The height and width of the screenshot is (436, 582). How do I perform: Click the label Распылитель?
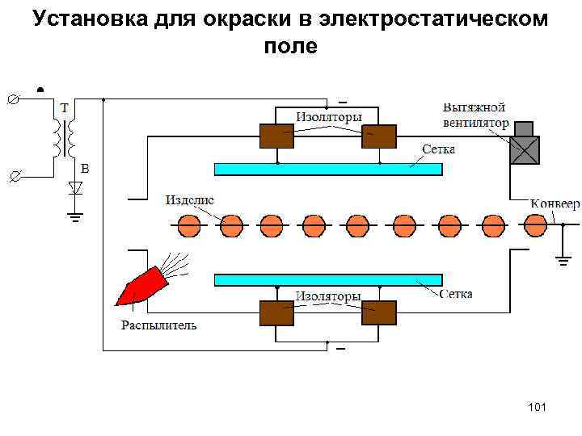(158, 325)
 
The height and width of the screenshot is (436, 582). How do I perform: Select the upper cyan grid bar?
(327, 169)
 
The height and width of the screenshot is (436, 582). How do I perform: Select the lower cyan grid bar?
(327, 280)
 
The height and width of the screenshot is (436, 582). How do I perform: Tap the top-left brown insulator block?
(276, 136)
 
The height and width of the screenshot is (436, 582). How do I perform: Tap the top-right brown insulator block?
(378, 136)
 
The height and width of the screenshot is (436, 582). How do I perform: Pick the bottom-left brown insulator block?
(276, 312)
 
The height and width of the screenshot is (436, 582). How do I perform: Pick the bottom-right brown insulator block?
(378, 312)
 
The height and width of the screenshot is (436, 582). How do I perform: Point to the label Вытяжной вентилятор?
(475, 115)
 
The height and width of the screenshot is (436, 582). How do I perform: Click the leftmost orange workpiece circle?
(189, 224)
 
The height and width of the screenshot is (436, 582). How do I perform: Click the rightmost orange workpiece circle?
(535, 224)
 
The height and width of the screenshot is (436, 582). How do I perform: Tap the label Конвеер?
(555, 203)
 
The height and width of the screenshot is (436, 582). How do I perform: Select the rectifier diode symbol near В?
(75, 189)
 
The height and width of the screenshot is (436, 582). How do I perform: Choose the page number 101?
(536, 406)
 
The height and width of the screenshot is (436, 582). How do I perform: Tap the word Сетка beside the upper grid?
(439, 149)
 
